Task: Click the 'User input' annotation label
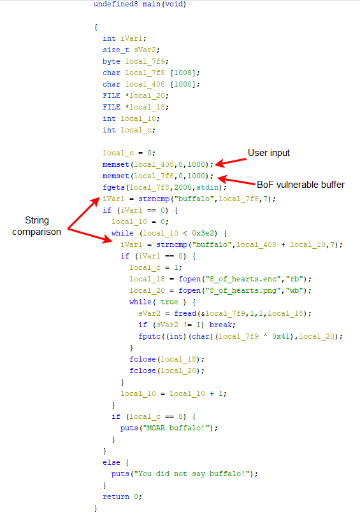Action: pyautogui.click(x=269, y=153)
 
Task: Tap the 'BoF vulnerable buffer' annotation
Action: pyautogui.click(x=301, y=185)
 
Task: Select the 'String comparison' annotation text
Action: pyautogui.click(x=36, y=226)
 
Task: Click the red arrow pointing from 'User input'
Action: pyautogui.click(x=231, y=162)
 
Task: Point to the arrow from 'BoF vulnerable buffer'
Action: pyautogui.click(x=236, y=181)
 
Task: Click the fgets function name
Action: pyautogui.click(x=113, y=187)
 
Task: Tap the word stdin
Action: pyautogui.click(x=207, y=187)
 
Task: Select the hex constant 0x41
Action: pyautogui.click(x=281, y=336)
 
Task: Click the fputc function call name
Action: pyautogui.click(x=149, y=336)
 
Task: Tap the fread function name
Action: pyautogui.click(x=185, y=313)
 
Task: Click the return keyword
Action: pyautogui.click(x=116, y=497)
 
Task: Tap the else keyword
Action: pyautogui.click(x=111, y=462)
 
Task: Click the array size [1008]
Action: pyautogui.click(x=182, y=73)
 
